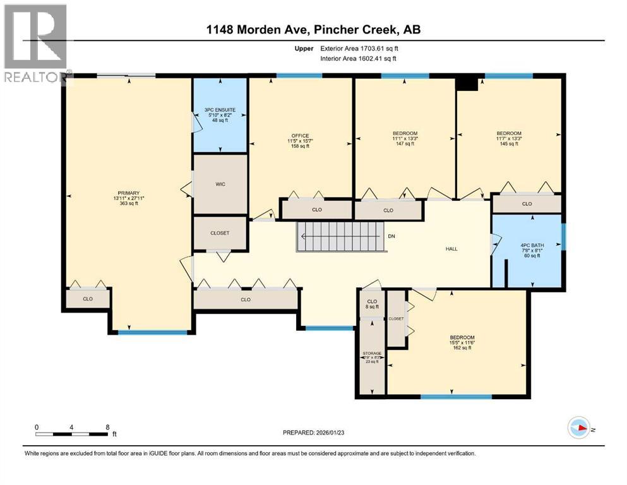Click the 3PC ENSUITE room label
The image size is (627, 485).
click(220, 115)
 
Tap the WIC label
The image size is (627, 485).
click(220, 185)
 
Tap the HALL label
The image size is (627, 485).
click(451, 249)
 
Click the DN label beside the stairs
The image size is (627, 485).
click(391, 237)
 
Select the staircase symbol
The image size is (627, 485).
click(337, 237)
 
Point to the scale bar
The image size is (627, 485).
click(73, 432)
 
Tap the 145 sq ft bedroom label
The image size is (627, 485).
click(508, 138)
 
